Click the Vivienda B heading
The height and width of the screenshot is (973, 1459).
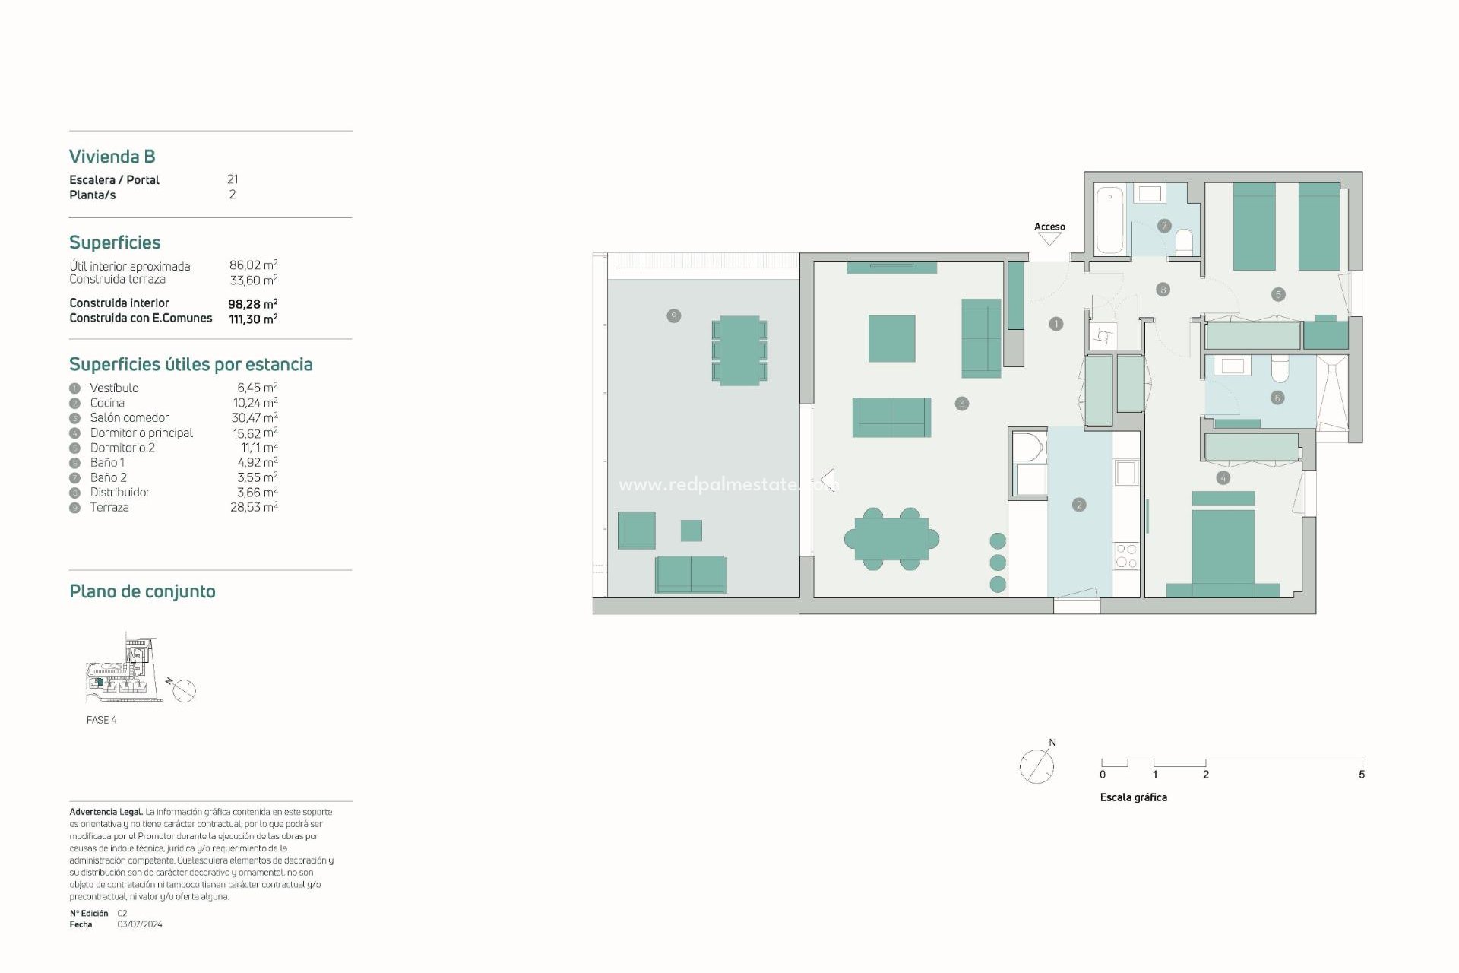112,157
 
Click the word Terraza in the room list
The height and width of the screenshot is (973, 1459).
109,507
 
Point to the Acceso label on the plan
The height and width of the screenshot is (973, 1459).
1049,227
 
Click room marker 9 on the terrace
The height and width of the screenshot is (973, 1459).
673,315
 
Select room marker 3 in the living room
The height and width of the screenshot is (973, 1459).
961,404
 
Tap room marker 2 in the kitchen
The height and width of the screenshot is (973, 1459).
1079,505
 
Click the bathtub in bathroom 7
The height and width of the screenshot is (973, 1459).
1109,220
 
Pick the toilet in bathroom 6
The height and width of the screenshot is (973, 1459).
1280,369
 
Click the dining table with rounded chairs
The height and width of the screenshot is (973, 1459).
891,539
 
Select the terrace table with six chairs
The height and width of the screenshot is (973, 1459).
739,350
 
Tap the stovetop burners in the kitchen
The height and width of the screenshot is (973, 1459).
1126,556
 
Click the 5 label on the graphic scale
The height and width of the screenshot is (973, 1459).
1362,775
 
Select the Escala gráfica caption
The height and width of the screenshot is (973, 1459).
1133,797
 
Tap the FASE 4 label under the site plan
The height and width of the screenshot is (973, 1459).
101,720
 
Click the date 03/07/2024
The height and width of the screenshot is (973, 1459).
140,924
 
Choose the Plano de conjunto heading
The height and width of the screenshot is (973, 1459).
142,591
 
